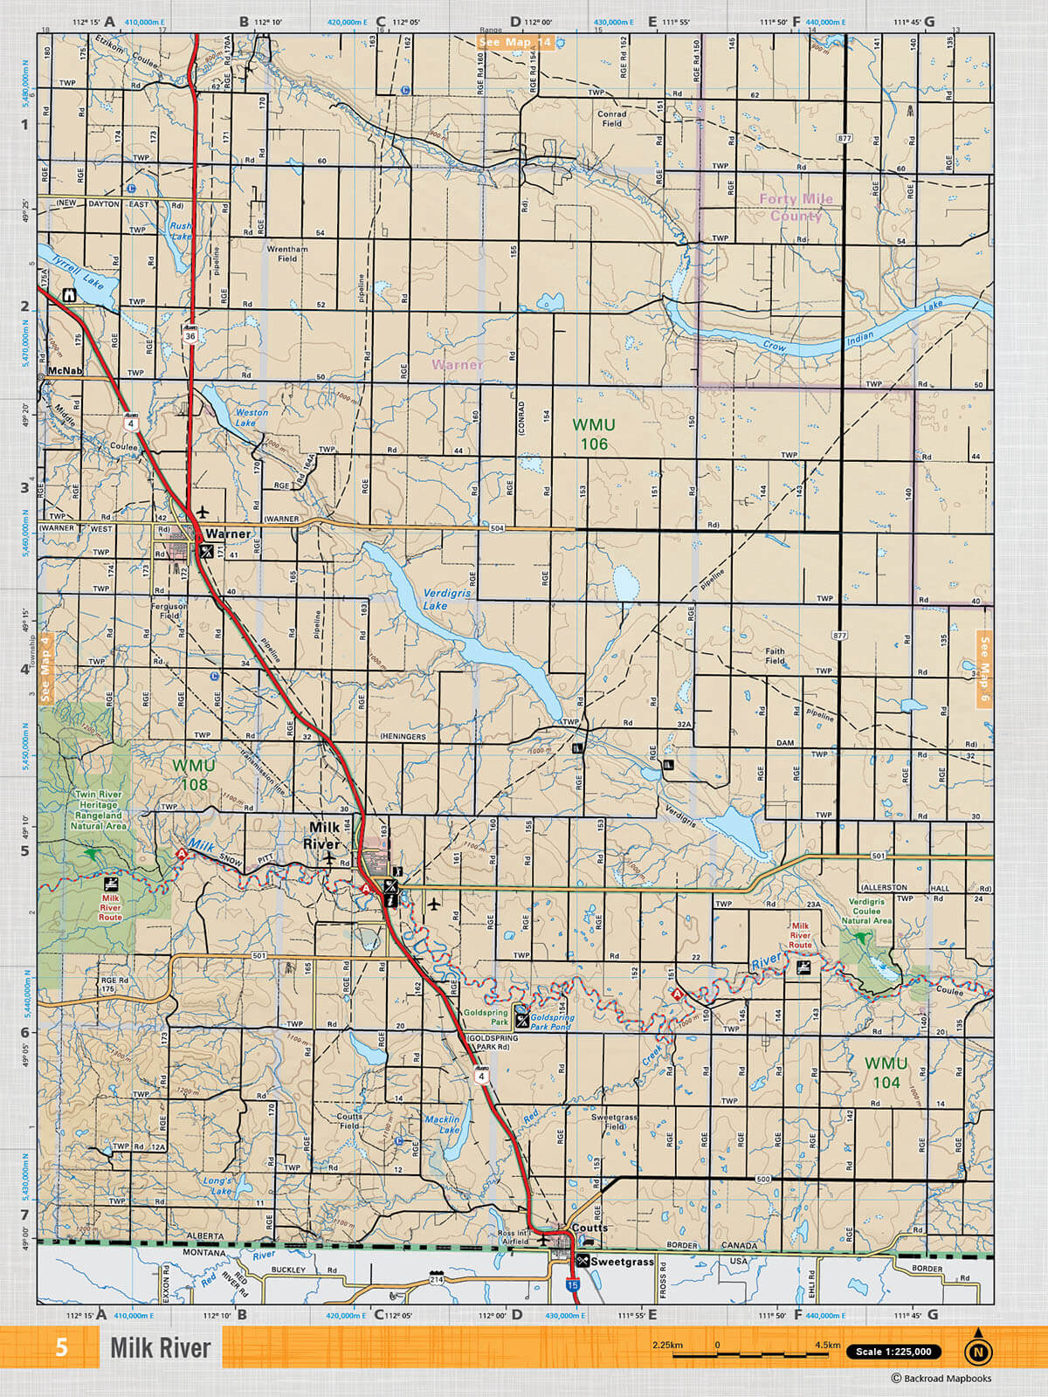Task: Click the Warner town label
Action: (228, 533)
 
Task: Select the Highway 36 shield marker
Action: (190, 335)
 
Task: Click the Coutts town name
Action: (589, 1227)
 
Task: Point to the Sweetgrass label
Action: (622, 1262)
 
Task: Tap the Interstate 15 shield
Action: (572, 1285)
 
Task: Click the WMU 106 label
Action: (594, 434)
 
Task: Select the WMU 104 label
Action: (886, 1073)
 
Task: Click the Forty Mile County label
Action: (796, 207)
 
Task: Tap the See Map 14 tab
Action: (515, 42)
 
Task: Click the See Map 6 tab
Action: (984, 670)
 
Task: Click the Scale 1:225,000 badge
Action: (893, 1352)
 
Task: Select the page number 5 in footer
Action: (61, 1347)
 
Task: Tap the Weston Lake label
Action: (252, 417)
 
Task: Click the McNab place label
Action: (65, 371)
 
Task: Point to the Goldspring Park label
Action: (486, 1016)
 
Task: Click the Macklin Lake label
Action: (443, 1125)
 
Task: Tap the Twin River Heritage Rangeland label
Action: (99, 809)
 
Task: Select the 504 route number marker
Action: (497, 528)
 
